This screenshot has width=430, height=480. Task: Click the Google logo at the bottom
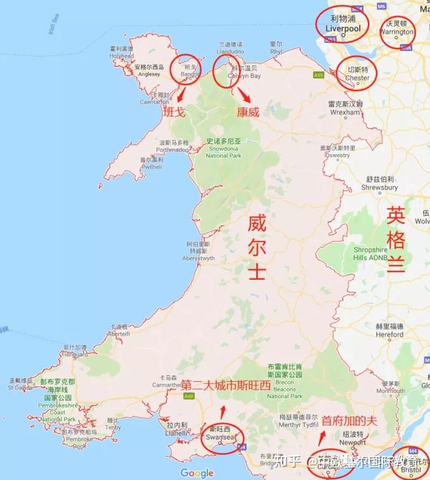pos(197,472)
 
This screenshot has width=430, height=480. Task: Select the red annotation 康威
pos(248,113)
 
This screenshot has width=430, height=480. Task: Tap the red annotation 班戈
pos(175,112)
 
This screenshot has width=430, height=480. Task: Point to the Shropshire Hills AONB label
pos(371,253)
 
